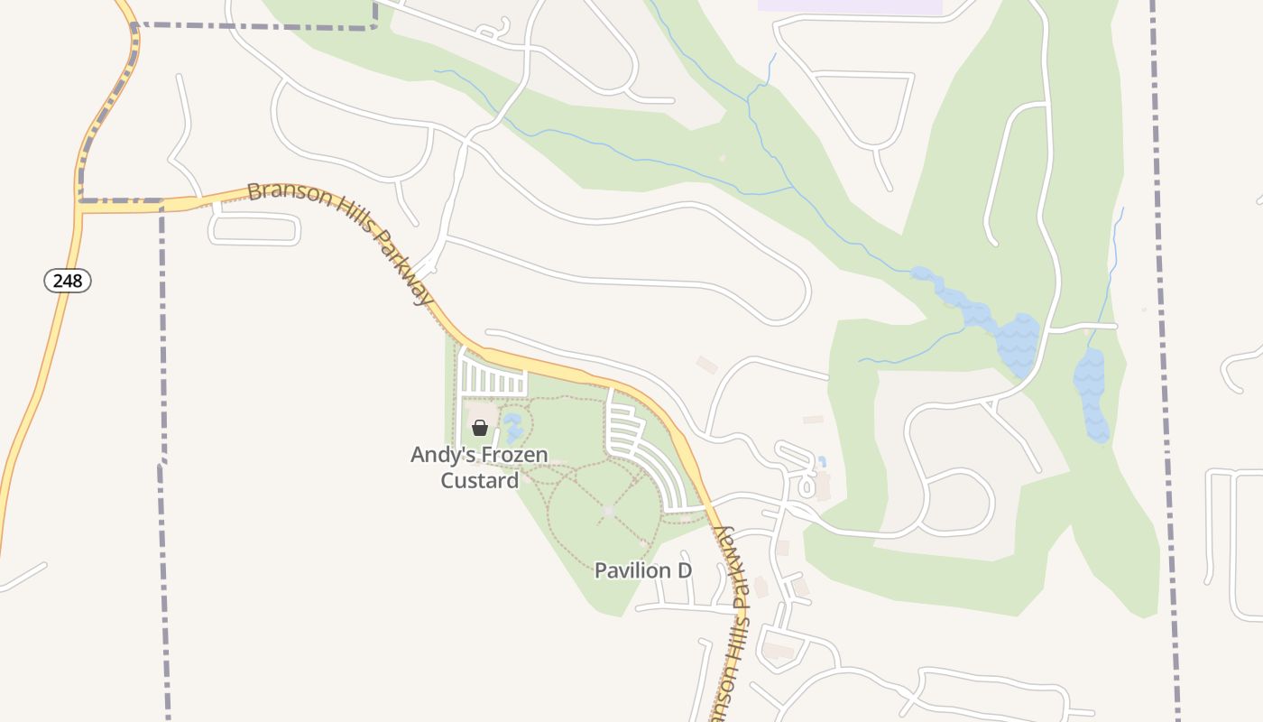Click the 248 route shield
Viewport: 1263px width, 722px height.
click(68, 281)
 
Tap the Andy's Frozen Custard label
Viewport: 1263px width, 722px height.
click(479, 467)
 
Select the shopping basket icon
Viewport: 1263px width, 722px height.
click(480, 428)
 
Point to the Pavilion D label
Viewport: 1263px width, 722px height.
click(642, 570)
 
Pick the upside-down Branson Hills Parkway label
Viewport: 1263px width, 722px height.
click(731, 623)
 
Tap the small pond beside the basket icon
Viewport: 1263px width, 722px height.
click(513, 427)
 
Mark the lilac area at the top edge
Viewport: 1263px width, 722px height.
click(850, 5)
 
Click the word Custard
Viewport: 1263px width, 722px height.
click(479, 480)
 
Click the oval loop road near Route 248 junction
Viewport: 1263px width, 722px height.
click(255, 229)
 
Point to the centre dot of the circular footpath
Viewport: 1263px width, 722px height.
click(607, 511)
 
